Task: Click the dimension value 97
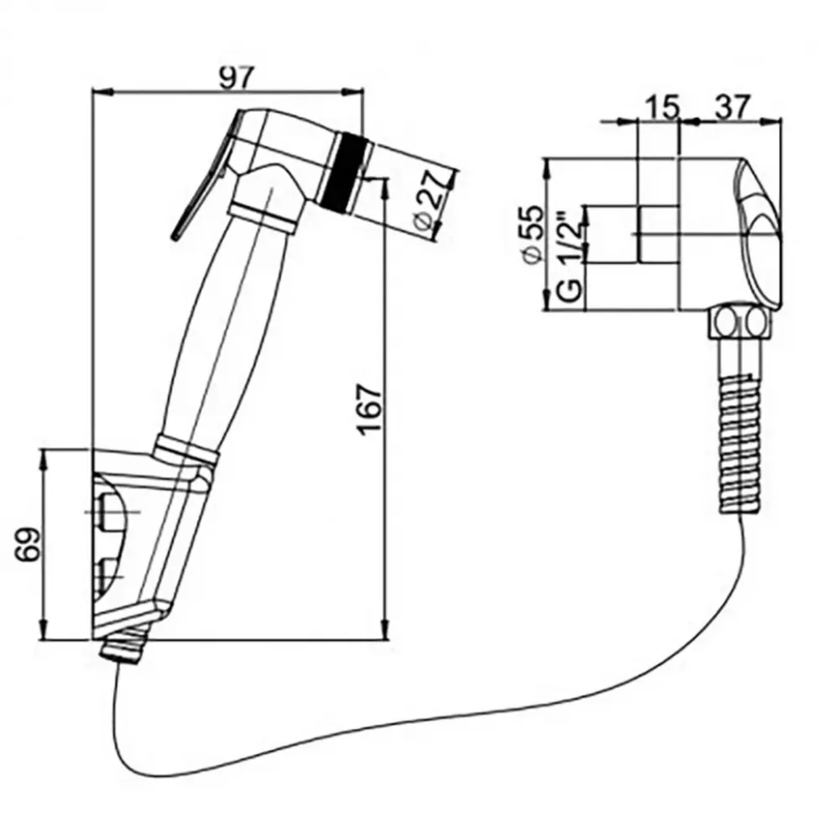coord(235,77)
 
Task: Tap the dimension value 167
coord(367,411)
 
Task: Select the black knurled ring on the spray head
coord(342,170)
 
